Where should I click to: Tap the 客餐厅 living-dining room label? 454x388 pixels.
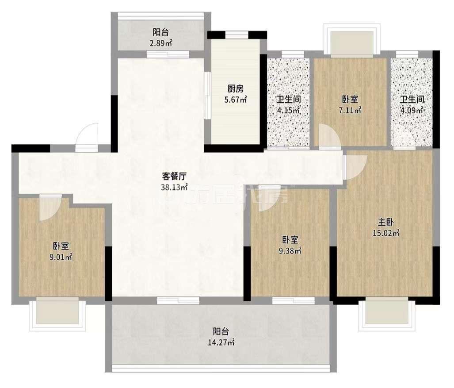(x=175, y=175)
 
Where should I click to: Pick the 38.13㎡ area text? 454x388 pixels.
(x=175, y=187)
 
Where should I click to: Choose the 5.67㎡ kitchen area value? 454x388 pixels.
(x=235, y=100)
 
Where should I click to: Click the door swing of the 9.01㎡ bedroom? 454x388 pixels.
(x=48, y=209)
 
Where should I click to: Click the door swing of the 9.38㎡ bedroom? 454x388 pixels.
(x=268, y=198)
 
